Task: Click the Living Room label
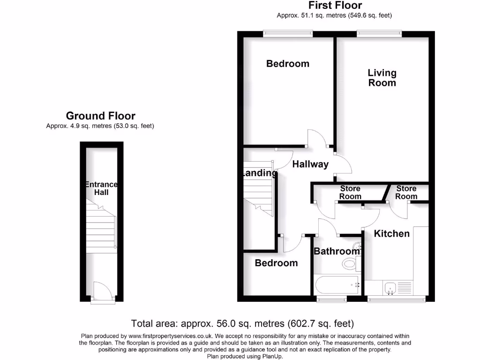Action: pos(382,78)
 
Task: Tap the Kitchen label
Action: pos(392,233)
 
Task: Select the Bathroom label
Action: pos(337,251)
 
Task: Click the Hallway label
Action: pos(310,165)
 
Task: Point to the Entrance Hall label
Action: pos(101,188)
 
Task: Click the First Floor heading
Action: pos(335,6)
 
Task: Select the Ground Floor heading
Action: pos(100,116)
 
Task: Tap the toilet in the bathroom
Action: pos(350,264)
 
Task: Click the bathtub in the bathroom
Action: pos(337,284)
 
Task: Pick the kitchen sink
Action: pos(390,288)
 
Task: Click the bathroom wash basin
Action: pos(358,246)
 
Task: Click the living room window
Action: pos(379,32)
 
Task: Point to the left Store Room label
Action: pos(350,193)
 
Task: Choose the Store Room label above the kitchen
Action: pos(406,193)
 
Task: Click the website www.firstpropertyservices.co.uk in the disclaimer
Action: pos(172,336)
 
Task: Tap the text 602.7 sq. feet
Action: pos(328,323)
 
